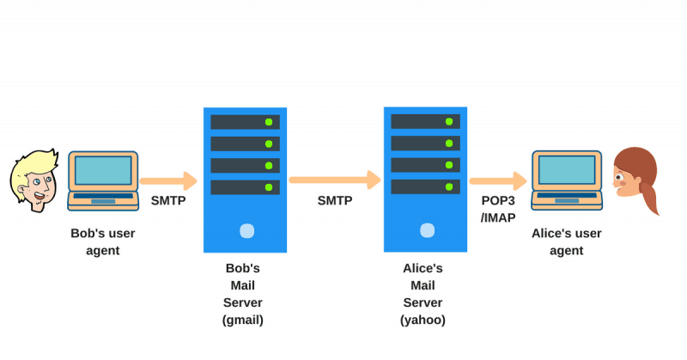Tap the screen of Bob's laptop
tap(103, 171)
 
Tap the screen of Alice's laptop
tap(567, 169)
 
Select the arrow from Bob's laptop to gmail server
tap(168, 181)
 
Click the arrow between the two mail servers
tap(334, 180)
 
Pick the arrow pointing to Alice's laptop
tap(497, 180)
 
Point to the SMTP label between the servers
tap(334, 200)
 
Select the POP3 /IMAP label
tap(498, 210)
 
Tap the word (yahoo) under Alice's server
tap(423, 320)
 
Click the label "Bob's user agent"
tap(103, 241)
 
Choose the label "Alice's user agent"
tap(567, 241)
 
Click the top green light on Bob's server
tap(269, 122)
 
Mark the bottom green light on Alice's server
tap(447, 186)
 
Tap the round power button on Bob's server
tap(246, 230)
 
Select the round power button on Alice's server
tap(425, 230)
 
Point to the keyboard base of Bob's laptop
tap(103, 200)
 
